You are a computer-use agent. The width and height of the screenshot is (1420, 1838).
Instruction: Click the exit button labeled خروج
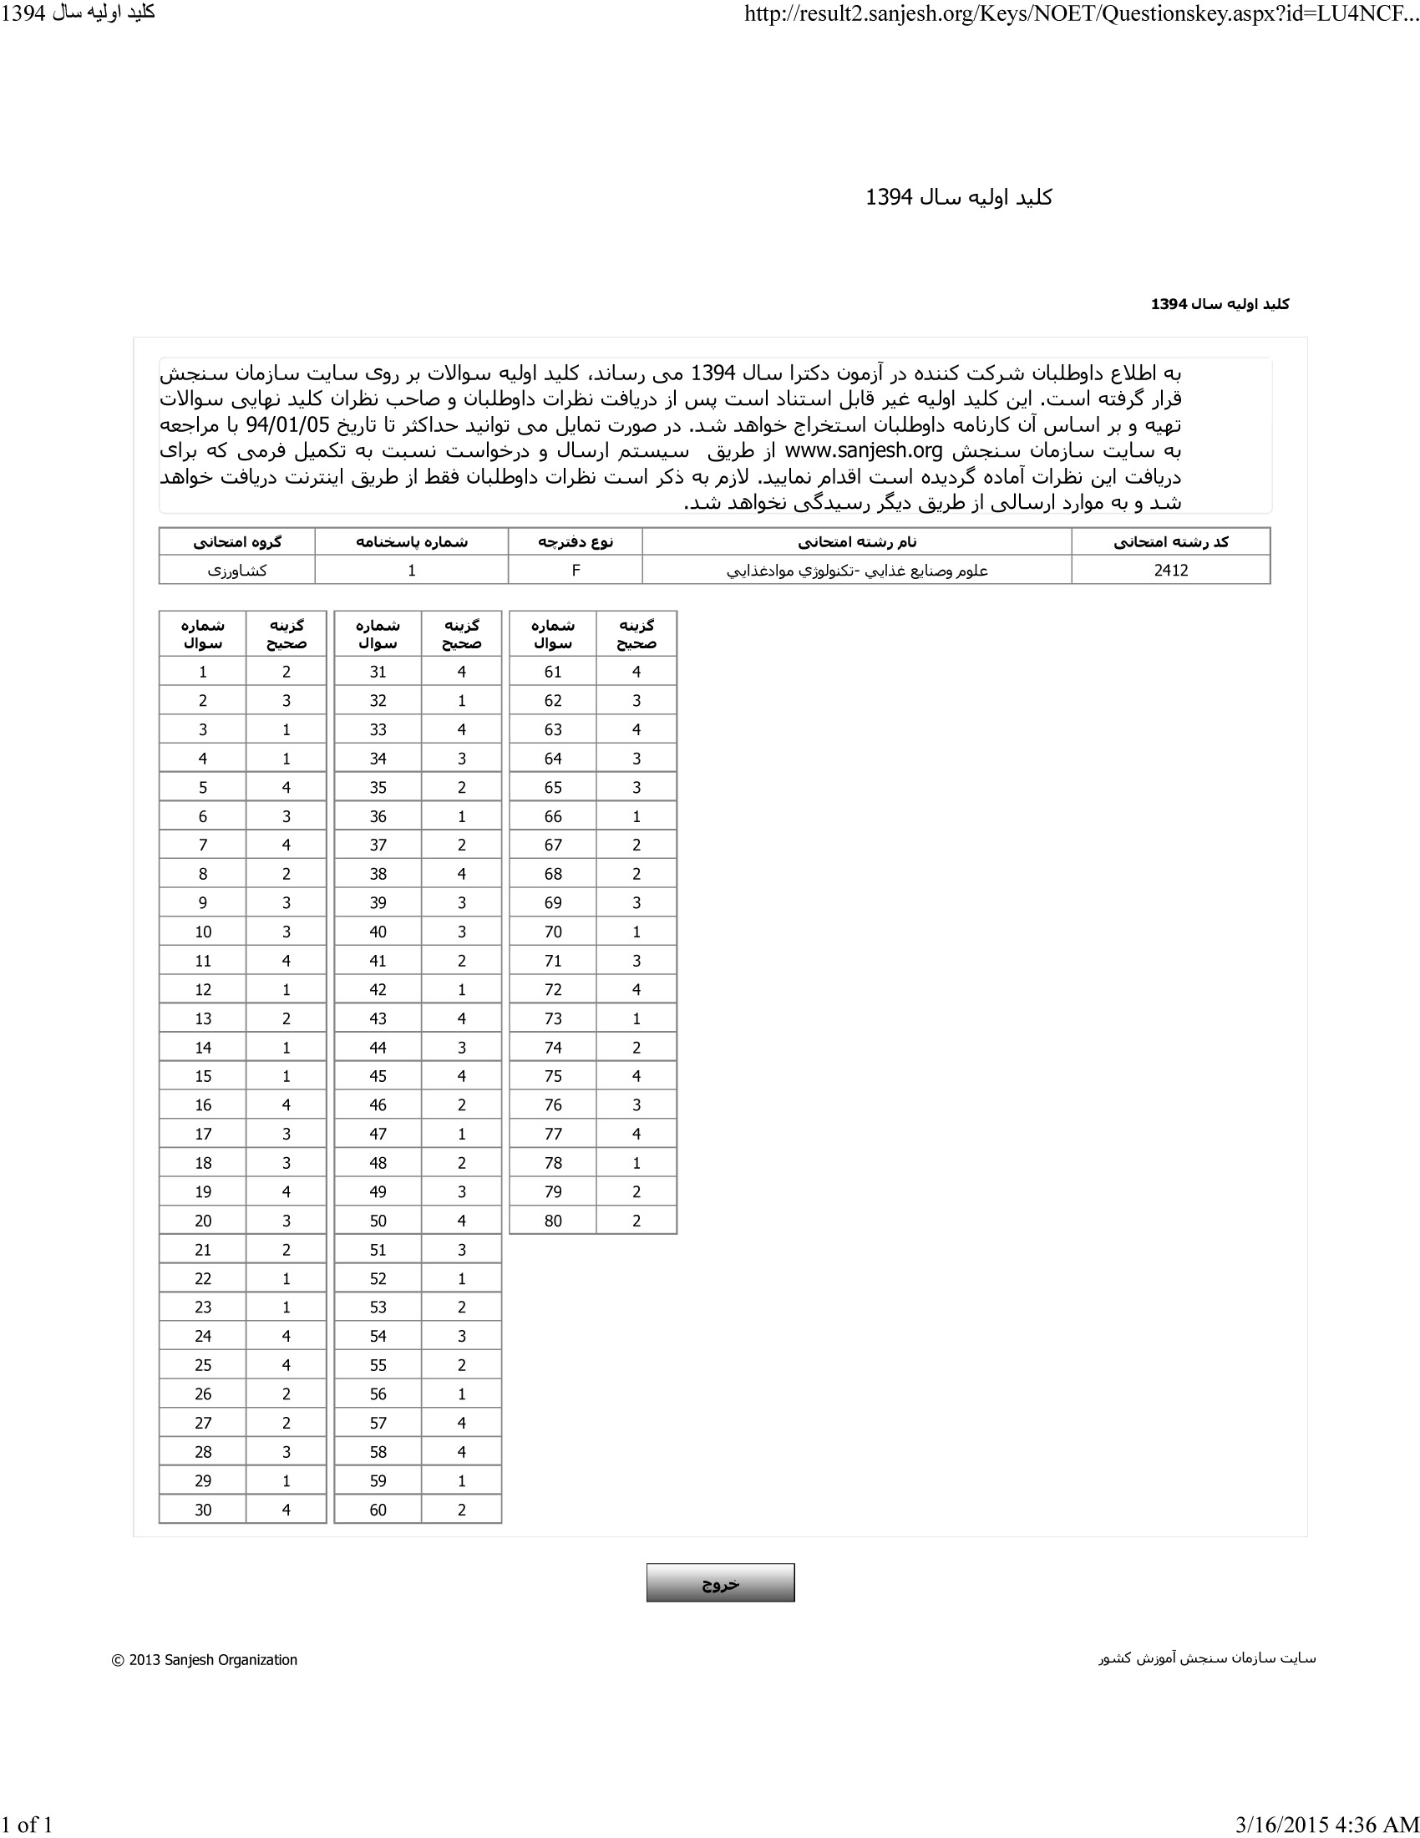click(720, 1582)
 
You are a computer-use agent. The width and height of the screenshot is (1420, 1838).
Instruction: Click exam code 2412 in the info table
click(1170, 570)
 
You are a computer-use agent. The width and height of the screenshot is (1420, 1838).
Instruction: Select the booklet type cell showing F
click(576, 570)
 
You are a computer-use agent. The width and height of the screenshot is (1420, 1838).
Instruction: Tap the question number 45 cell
click(378, 1075)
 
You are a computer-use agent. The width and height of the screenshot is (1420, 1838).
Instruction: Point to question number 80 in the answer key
click(553, 1221)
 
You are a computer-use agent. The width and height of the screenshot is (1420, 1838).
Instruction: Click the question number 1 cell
click(203, 672)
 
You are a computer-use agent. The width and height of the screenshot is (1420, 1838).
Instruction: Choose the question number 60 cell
click(378, 1509)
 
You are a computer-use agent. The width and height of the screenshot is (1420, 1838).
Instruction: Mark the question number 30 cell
click(203, 1509)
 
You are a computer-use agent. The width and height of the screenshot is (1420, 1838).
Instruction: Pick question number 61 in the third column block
click(553, 672)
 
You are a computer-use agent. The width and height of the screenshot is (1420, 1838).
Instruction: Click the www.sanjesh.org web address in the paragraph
click(863, 450)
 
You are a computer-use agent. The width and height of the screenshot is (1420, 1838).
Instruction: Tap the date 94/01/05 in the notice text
click(287, 424)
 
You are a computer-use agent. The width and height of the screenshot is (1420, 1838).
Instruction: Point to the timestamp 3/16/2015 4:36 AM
click(1326, 1825)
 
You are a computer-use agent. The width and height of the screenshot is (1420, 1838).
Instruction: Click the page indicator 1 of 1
click(27, 1825)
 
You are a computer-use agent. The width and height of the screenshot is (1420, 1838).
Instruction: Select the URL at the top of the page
click(1081, 14)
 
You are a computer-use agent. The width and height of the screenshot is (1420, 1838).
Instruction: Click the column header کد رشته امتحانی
click(1170, 542)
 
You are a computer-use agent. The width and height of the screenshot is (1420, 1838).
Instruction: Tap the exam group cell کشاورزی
click(237, 570)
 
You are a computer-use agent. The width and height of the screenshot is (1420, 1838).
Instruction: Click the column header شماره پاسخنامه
click(411, 542)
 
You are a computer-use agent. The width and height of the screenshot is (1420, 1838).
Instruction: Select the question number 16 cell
click(203, 1105)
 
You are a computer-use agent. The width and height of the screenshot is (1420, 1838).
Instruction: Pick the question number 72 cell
click(553, 990)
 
